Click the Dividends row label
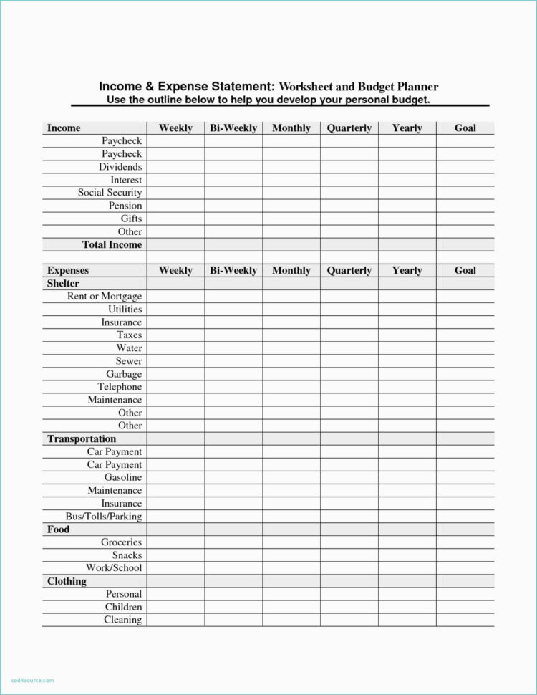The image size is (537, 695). (120, 167)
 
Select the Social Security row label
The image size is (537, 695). (110, 193)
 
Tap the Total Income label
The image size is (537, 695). (112, 245)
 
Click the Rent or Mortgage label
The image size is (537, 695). (105, 297)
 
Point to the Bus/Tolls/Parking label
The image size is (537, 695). (103, 517)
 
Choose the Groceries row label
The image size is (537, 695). (121, 542)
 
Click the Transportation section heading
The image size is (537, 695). (82, 439)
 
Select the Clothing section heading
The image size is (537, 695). (67, 581)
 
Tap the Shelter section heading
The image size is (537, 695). (63, 284)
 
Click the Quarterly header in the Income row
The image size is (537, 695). (349, 128)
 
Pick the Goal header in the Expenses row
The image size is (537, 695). (465, 271)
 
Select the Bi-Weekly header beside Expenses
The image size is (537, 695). (233, 271)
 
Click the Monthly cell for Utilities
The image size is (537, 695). (291, 310)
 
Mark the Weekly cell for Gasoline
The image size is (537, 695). (175, 478)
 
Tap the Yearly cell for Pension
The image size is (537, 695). (407, 206)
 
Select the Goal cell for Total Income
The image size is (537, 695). (465, 245)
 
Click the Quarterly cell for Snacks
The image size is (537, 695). (349, 555)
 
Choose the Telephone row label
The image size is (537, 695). (120, 387)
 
